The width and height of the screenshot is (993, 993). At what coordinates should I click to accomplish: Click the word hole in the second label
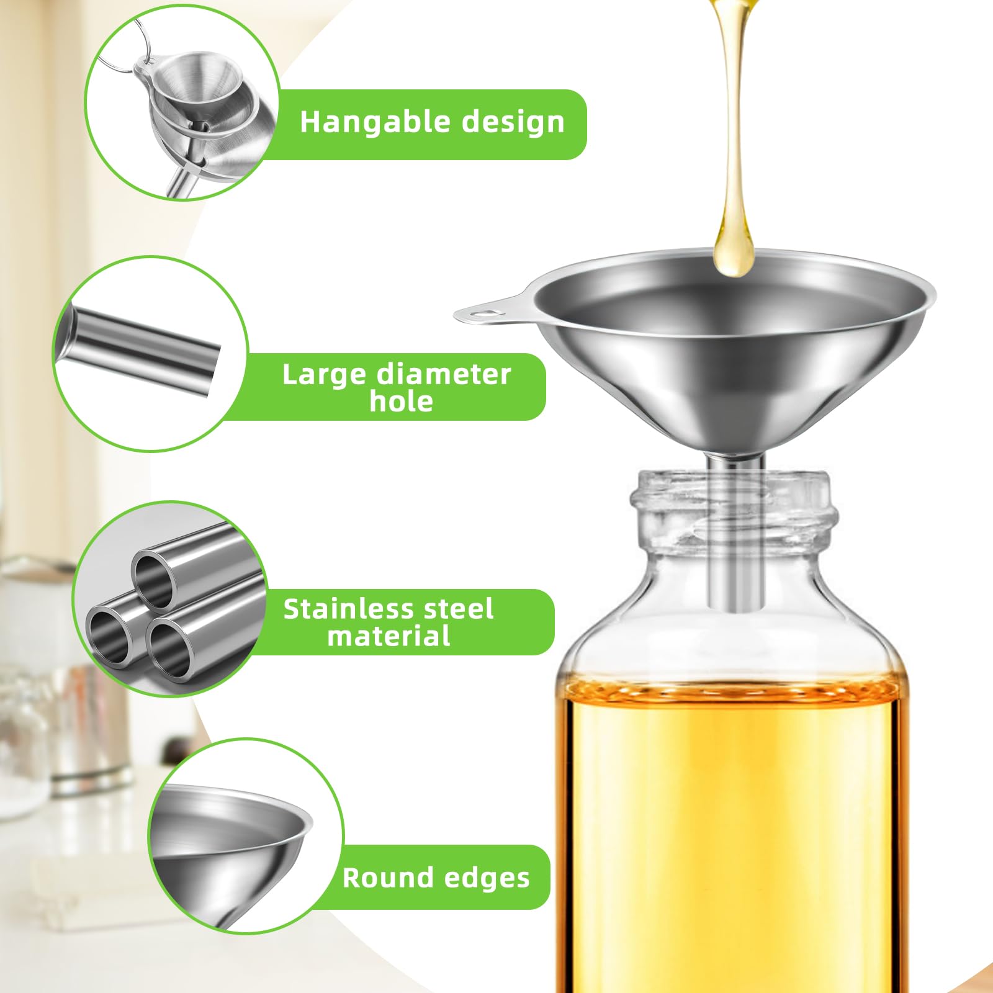pyautogui.click(x=402, y=401)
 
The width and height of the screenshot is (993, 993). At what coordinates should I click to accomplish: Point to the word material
pyautogui.click(x=389, y=636)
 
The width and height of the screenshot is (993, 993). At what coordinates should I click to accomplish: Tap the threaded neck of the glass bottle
pyautogui.click(x=734, y=509)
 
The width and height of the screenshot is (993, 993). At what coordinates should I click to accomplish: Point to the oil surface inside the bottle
pyautogui.click(x=732, y=689)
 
